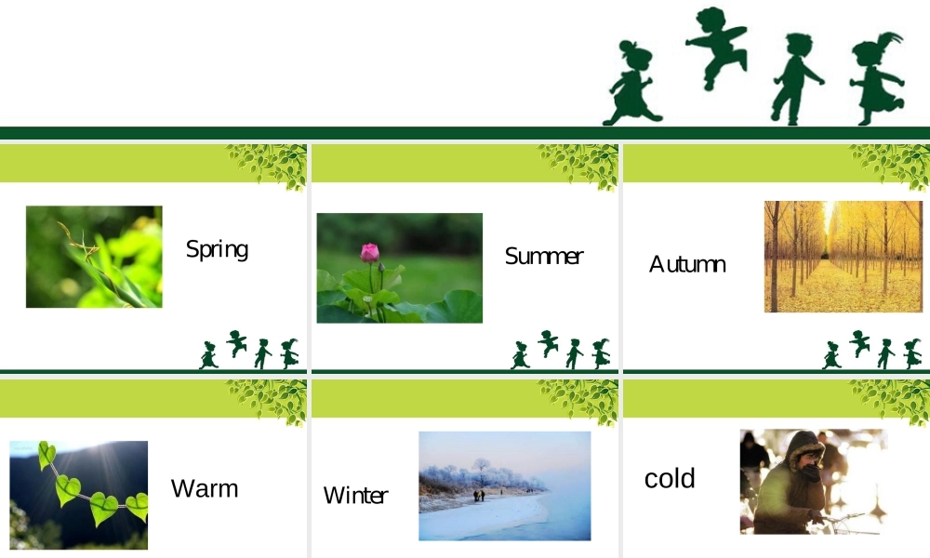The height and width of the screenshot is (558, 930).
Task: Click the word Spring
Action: tap(217, 249)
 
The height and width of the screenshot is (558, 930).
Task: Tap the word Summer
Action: tap(543, 256)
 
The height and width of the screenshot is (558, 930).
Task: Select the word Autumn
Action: tap(687, 264)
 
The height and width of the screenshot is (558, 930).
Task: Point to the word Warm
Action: tap(205, 488)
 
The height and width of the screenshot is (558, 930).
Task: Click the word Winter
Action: tap(355, 496)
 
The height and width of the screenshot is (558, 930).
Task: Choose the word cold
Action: tap(670, 479)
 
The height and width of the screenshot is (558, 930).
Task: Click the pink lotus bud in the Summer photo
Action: tap(370, 252)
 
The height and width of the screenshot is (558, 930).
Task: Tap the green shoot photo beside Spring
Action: tap(94, 257)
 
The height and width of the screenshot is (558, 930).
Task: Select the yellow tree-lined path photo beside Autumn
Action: tap(844, 257)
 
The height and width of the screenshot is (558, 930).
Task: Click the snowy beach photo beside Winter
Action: tap(504, 485)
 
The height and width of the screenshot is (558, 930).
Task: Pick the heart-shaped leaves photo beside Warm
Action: tap(78, 495)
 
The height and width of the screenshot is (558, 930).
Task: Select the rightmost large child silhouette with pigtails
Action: tap(877, 79)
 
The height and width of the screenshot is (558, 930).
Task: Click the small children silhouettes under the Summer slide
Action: tap(561, 351)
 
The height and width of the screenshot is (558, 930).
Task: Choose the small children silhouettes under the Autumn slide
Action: tap(872, 351)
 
